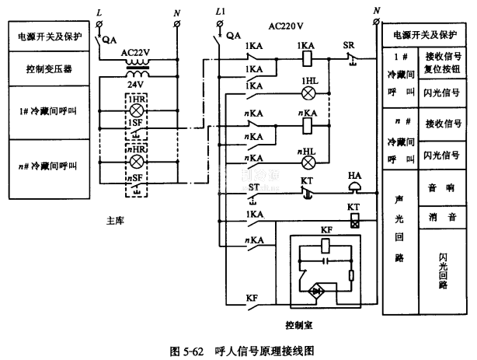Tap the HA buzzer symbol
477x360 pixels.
pos(352,187)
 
